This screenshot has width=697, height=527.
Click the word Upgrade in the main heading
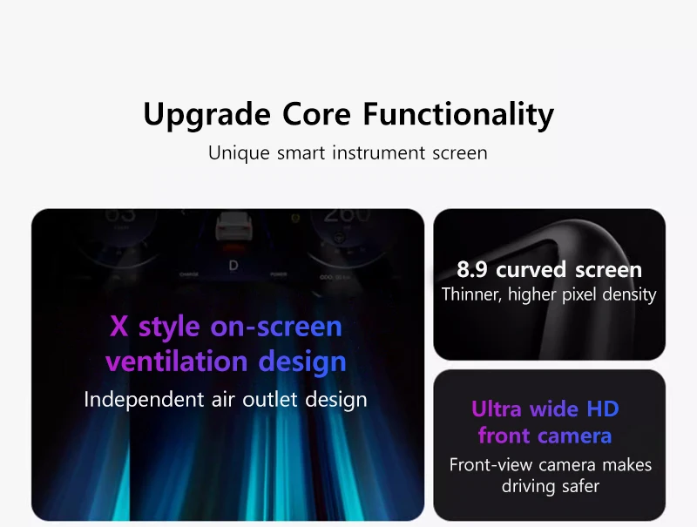coord(207,115)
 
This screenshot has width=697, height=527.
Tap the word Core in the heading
coord(317,114)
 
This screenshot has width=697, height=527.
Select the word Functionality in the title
coord(459,115)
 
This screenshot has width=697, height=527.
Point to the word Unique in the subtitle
coord(239,153)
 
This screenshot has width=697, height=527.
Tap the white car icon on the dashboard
coord(233,226)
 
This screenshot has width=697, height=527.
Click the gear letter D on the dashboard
coord(233,266)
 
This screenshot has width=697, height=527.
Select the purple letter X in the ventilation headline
coord(119,326)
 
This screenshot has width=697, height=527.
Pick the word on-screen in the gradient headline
coord(276,327)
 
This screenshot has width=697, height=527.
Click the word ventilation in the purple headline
coord(177,361)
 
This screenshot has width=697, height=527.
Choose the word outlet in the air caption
coord(270,399)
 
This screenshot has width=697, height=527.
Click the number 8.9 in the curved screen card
coord(471,270)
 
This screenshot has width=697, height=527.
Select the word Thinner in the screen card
coord(471,294)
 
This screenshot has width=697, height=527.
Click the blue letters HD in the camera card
coord(602,409)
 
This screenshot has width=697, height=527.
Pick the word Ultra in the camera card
coord(496,409)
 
